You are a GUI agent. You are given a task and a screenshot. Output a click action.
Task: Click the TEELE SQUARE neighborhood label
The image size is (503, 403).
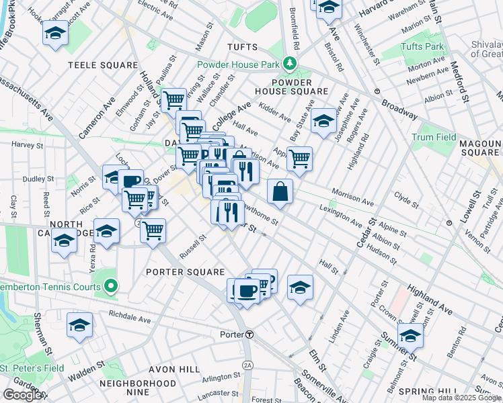[102, 65]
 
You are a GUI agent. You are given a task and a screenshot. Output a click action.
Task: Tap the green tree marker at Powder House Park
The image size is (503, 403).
[290, 64]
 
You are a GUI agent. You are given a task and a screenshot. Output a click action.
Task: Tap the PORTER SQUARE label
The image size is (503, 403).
[185, 272]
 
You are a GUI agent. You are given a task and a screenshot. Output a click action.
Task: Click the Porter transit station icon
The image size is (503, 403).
[249, 334]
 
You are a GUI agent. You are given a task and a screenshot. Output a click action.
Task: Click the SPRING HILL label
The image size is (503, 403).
[424, 391]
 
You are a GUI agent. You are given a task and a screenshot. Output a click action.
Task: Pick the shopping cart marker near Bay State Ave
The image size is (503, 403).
[299, 159]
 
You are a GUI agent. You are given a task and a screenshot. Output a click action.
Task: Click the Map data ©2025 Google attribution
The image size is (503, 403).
[462, 398]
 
